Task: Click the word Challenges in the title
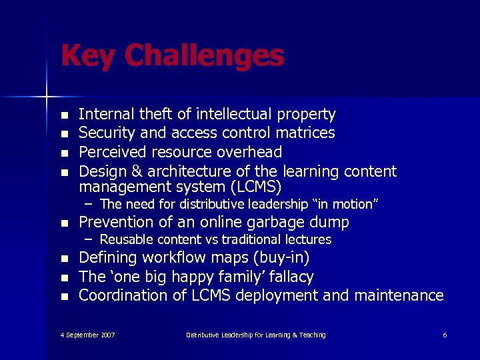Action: tap(204, 56)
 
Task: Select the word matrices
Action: tap(304, 133)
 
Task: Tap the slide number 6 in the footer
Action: tap(445, 335)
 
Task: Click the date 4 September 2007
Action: tap(87, 335)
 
